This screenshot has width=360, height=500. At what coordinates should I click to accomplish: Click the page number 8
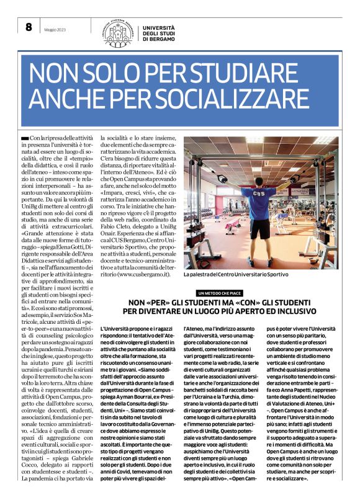pyautogui.click(x=28, y=27)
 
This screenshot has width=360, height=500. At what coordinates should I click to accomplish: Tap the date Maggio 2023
pyautogui.click(x=53, y=28)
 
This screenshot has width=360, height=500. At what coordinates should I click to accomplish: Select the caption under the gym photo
pyautogui.click(x=235, y=274)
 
